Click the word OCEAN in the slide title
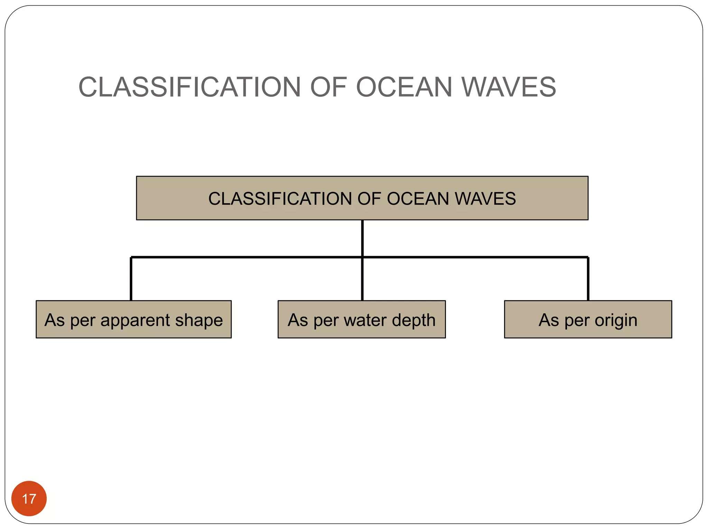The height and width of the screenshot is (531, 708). point(404,87)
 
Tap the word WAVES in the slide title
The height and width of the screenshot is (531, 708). point(509,87)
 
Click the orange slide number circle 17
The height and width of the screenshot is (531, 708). point(29,498)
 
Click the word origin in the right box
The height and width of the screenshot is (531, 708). point(616,320)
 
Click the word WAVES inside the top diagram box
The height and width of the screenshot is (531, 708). point(485,199)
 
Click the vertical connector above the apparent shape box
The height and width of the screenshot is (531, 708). point(131,279)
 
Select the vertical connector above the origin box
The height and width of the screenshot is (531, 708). point(588,279)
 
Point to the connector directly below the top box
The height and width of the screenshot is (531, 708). point(362,239)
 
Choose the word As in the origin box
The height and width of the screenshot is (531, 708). point(549,320)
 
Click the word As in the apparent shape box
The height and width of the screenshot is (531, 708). point(55,320)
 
